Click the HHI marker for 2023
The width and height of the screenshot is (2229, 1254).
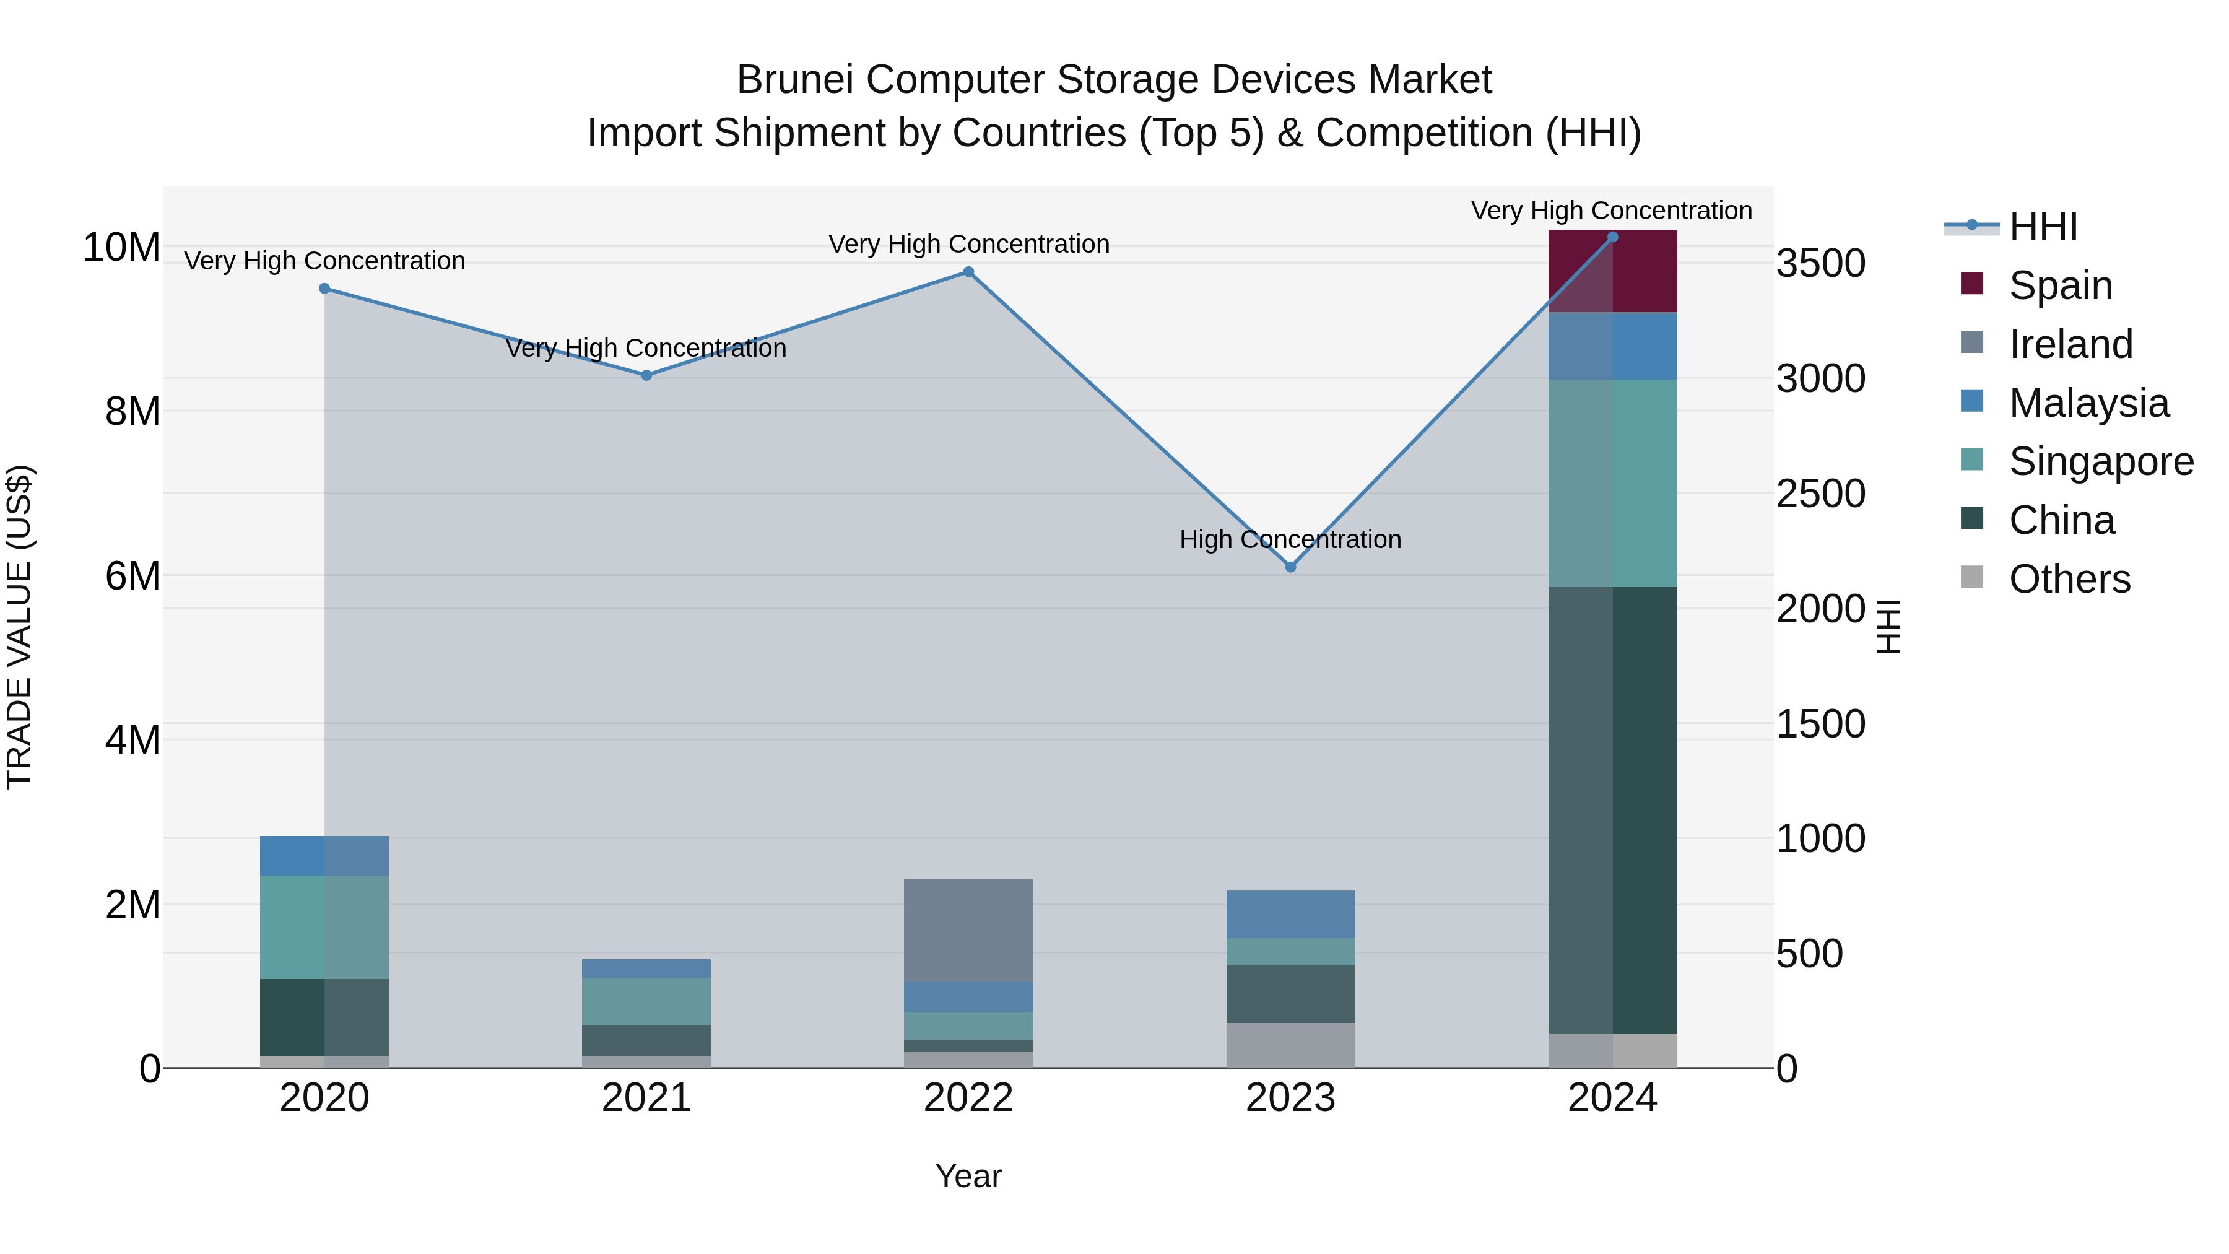[1290, 567]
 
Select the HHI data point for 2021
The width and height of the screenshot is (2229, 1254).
[646, 376]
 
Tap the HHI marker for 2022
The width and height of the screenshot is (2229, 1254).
[968, 272]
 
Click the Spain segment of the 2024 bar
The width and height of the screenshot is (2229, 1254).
[1612, 271]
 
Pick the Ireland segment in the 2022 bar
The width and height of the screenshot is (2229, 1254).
[968, 930]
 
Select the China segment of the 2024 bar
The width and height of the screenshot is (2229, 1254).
[1612, 810]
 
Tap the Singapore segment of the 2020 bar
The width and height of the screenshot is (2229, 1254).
[324, 927]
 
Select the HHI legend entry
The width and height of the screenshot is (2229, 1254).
[2042, 226]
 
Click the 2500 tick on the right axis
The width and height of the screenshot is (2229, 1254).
[1820, 494]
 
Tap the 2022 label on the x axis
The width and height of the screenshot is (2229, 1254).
[968, 1098]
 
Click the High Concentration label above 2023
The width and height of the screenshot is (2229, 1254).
[1290, 539]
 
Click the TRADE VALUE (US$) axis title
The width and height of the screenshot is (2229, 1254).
[19, 627]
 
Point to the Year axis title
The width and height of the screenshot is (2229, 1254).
[968, 1176]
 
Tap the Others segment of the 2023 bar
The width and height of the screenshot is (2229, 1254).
[1290, 1045]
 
